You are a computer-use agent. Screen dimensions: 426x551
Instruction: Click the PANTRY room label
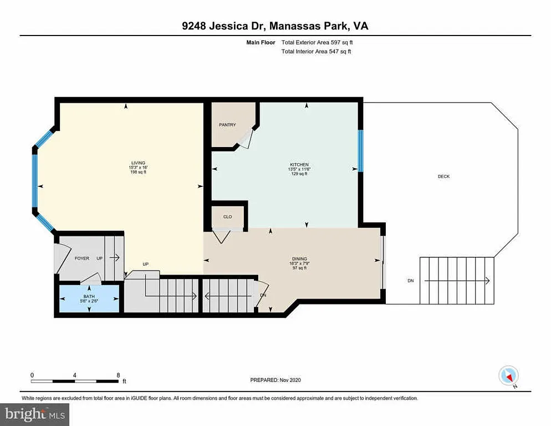pos(227,125)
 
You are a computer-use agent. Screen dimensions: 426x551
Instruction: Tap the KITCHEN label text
pos(298,164)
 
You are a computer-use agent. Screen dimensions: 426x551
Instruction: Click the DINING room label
pos(300,258)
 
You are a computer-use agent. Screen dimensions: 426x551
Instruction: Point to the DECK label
pos(443,177)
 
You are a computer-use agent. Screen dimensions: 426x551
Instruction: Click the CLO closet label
pos(227,217)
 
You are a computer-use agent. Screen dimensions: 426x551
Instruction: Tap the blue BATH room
pos(89,298)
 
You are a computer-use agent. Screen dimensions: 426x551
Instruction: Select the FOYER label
pos(82,258)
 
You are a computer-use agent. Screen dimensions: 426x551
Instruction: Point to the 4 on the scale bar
pos(75,375)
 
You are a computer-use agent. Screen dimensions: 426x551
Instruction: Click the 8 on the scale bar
pos(118,375)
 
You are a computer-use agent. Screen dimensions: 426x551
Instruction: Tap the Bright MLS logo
pos(34,413)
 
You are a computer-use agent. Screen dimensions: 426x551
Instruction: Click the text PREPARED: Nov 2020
pos(275,380)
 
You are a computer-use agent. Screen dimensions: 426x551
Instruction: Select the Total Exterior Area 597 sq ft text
pos(317,42)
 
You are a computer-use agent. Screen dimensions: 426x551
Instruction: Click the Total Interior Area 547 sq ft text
pos(316,52)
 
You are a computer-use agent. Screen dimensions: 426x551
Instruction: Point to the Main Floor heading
pos(261,42)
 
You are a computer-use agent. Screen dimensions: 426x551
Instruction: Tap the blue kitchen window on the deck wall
pos(360,150)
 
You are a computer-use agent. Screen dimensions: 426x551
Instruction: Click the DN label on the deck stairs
pos(411,281)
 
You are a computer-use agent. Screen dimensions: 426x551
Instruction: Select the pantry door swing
pos(245,139)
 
